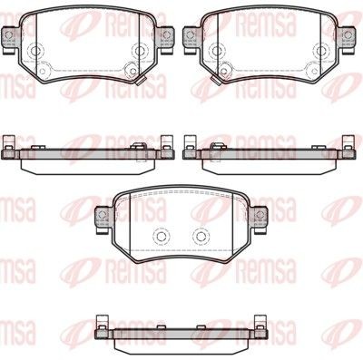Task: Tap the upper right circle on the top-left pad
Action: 137,52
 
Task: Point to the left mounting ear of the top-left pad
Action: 11,36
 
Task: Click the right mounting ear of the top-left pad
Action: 166,36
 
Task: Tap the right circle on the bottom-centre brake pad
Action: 201,233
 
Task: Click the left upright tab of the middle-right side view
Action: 191,142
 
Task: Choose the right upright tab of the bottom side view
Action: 260,322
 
